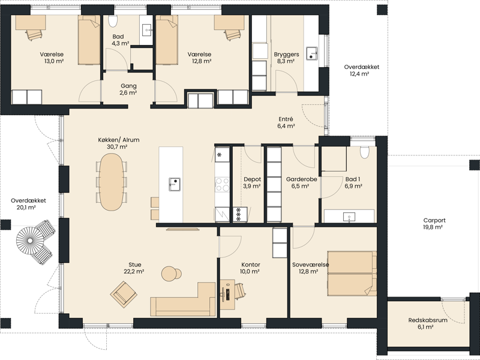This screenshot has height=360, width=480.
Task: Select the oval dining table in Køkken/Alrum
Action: click(x=112, y=182)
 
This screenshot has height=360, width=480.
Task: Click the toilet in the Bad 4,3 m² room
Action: click(x=113, y=20)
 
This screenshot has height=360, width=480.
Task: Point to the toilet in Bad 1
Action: click(x=364, y=152)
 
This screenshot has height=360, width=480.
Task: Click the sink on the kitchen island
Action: click(x=174, y=185)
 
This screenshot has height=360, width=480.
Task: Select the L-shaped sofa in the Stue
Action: click(x=183, y=302)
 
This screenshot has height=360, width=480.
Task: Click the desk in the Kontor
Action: click(x=227, y=294)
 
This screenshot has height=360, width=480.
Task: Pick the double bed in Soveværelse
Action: click(x=352, y=274)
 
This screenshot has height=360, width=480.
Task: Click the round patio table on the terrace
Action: click(x=30, y=241)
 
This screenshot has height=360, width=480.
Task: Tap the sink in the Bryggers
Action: click(x=312, y=53)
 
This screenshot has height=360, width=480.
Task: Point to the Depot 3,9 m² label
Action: click(x=252, y=182)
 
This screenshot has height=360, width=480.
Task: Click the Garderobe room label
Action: click(x=302, y=179)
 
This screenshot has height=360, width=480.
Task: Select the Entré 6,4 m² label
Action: click(x=286, y=122)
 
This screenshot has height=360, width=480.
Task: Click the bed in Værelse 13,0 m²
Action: click(x=89, y=40)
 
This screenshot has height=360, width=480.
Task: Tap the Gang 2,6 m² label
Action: click(x=128, y=89)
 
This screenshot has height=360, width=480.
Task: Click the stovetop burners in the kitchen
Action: click(x=222, y=184)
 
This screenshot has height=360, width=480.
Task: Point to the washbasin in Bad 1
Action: click(x=349, y=217)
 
